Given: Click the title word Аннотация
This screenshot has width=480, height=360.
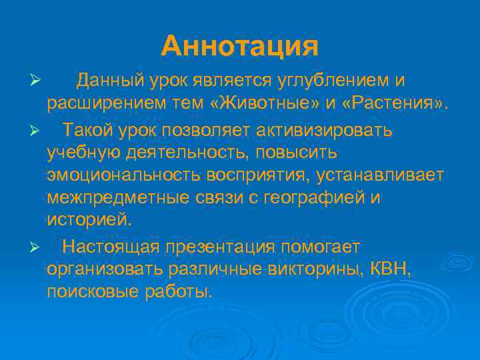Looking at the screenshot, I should point(240,45).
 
